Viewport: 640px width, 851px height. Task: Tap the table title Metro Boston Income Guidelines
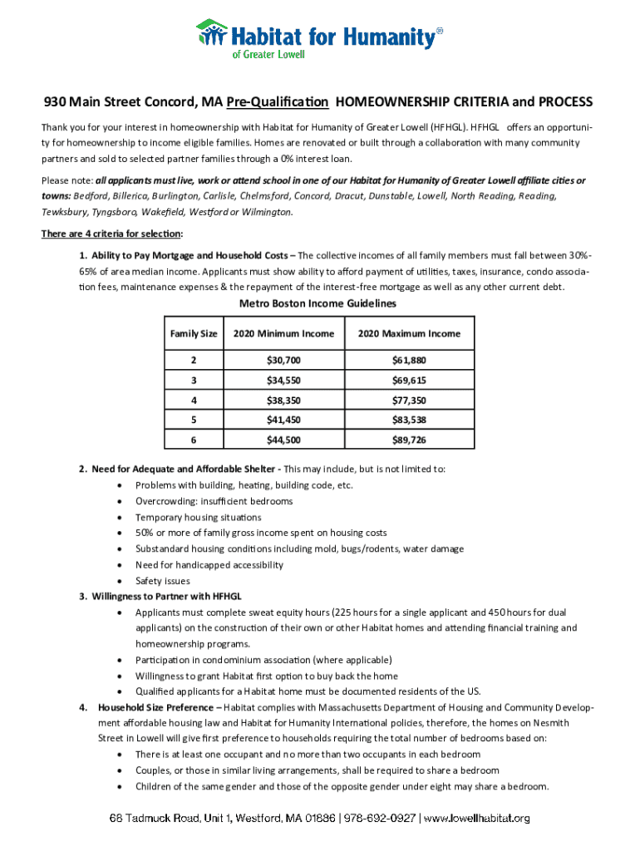318,303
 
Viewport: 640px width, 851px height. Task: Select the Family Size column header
194,333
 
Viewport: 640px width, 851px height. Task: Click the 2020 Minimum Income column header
283,333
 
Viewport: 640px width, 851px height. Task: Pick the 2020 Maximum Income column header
408,333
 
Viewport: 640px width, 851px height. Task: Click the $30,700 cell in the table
283,361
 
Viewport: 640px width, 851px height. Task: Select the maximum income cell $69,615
408,381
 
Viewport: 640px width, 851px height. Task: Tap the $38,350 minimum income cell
283,400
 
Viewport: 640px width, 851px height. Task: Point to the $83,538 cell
408,420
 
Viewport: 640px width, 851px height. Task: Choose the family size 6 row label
194,440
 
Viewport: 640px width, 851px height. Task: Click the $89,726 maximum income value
408,440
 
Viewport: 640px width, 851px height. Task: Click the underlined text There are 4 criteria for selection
112,234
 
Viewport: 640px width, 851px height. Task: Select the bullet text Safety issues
163,581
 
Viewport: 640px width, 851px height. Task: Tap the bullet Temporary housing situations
198,517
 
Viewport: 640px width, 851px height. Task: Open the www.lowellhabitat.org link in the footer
477,819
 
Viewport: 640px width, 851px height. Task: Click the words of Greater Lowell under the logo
268,54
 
